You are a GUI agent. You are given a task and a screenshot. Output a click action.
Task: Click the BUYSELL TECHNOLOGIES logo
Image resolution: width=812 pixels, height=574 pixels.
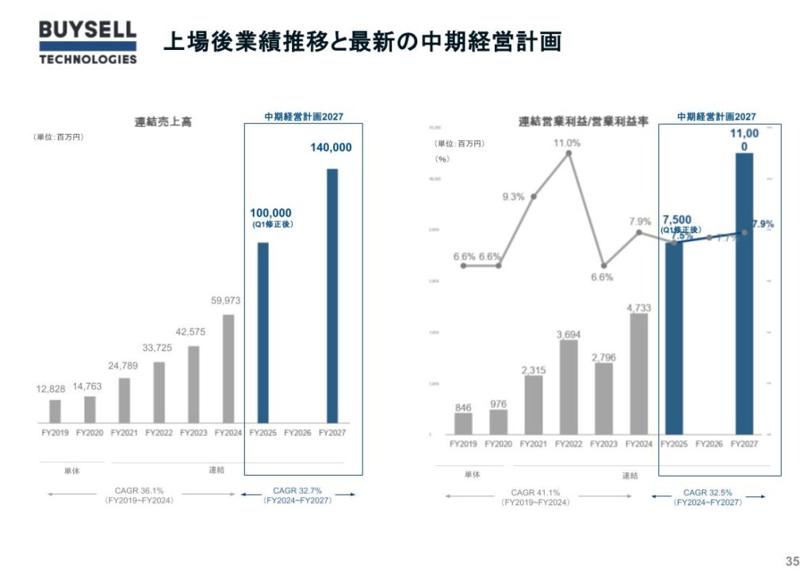click(x=87, y=42)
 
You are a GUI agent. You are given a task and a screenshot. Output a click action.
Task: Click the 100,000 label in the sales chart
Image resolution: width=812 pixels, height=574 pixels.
click(x=271, y=212)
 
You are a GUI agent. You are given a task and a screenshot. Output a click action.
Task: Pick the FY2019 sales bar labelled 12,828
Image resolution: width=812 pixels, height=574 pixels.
click(x=55, y=411)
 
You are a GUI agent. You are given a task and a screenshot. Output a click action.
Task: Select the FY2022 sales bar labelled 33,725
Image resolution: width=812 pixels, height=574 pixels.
click(x=159, y=392)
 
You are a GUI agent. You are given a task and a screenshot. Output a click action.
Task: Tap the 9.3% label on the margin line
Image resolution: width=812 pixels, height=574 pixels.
click(x=513, y=197)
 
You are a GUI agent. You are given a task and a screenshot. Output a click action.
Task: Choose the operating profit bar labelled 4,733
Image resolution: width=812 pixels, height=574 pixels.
click(x=639, y=373)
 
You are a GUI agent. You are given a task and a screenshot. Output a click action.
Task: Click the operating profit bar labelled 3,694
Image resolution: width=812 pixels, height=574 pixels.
click(x=569, y=387)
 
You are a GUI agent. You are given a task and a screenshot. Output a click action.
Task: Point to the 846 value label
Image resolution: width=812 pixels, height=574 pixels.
click(x=463, y=408)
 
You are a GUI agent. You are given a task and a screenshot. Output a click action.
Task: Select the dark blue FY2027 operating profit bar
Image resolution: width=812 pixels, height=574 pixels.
click(x=744, y=293)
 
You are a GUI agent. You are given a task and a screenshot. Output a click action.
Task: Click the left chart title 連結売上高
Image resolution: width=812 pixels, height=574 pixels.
click(x=163, y=122)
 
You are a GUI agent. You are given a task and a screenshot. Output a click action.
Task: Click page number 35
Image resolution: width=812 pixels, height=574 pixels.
click(x=791, y=557)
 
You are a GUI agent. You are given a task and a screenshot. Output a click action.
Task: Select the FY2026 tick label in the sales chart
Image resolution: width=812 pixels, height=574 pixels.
click(x=297, y=433)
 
